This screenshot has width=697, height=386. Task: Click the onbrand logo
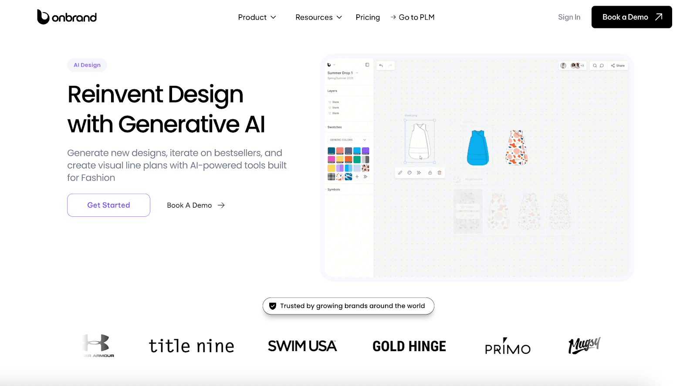point(67,17)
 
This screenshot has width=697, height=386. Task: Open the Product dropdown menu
point(257,17)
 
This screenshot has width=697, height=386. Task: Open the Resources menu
point(318,17)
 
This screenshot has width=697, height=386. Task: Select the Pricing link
point(368,17)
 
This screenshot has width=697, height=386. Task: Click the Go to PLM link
point(413,17)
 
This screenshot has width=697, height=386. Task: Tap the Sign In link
point(569,17)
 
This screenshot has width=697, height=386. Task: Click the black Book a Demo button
point(631,17)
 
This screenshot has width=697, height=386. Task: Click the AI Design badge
point(87,65)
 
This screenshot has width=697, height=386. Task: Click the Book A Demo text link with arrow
point(196,205)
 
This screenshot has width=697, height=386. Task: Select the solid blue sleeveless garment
point(477,148)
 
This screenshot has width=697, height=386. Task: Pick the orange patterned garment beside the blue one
point(517,147)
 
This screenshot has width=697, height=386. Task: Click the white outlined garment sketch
point(420,142)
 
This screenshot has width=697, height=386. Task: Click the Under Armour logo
point(98,346)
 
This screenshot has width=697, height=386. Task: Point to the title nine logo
point(191,346)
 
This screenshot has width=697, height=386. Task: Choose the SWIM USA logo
point(302,346)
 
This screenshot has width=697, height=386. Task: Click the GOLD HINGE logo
point(409,346)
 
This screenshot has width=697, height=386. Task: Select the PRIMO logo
point(508,346)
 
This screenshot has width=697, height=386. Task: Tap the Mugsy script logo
point(584,345)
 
